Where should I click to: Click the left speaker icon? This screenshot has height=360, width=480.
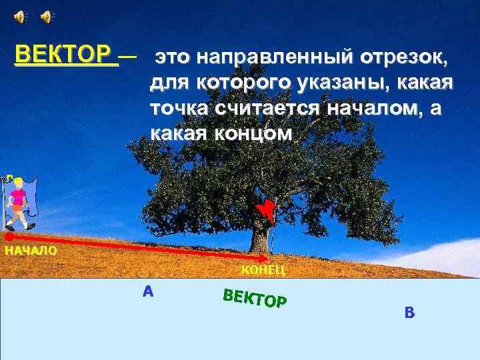(x=21, y=17)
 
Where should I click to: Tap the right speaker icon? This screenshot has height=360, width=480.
(x=47, y=17)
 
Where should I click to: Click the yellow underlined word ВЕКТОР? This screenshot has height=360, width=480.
(x=64, y=53)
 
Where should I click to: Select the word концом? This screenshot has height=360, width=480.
(x=253, y=133)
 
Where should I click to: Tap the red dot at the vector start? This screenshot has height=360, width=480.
(x=9, y=236)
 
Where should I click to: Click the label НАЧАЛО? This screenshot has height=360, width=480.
(x=31, y=251)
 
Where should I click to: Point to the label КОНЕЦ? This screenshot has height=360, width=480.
(x=263, y=269)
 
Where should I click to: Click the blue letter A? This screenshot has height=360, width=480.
(x=148, y=291)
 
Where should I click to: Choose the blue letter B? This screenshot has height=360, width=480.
(x=409, y=311)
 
